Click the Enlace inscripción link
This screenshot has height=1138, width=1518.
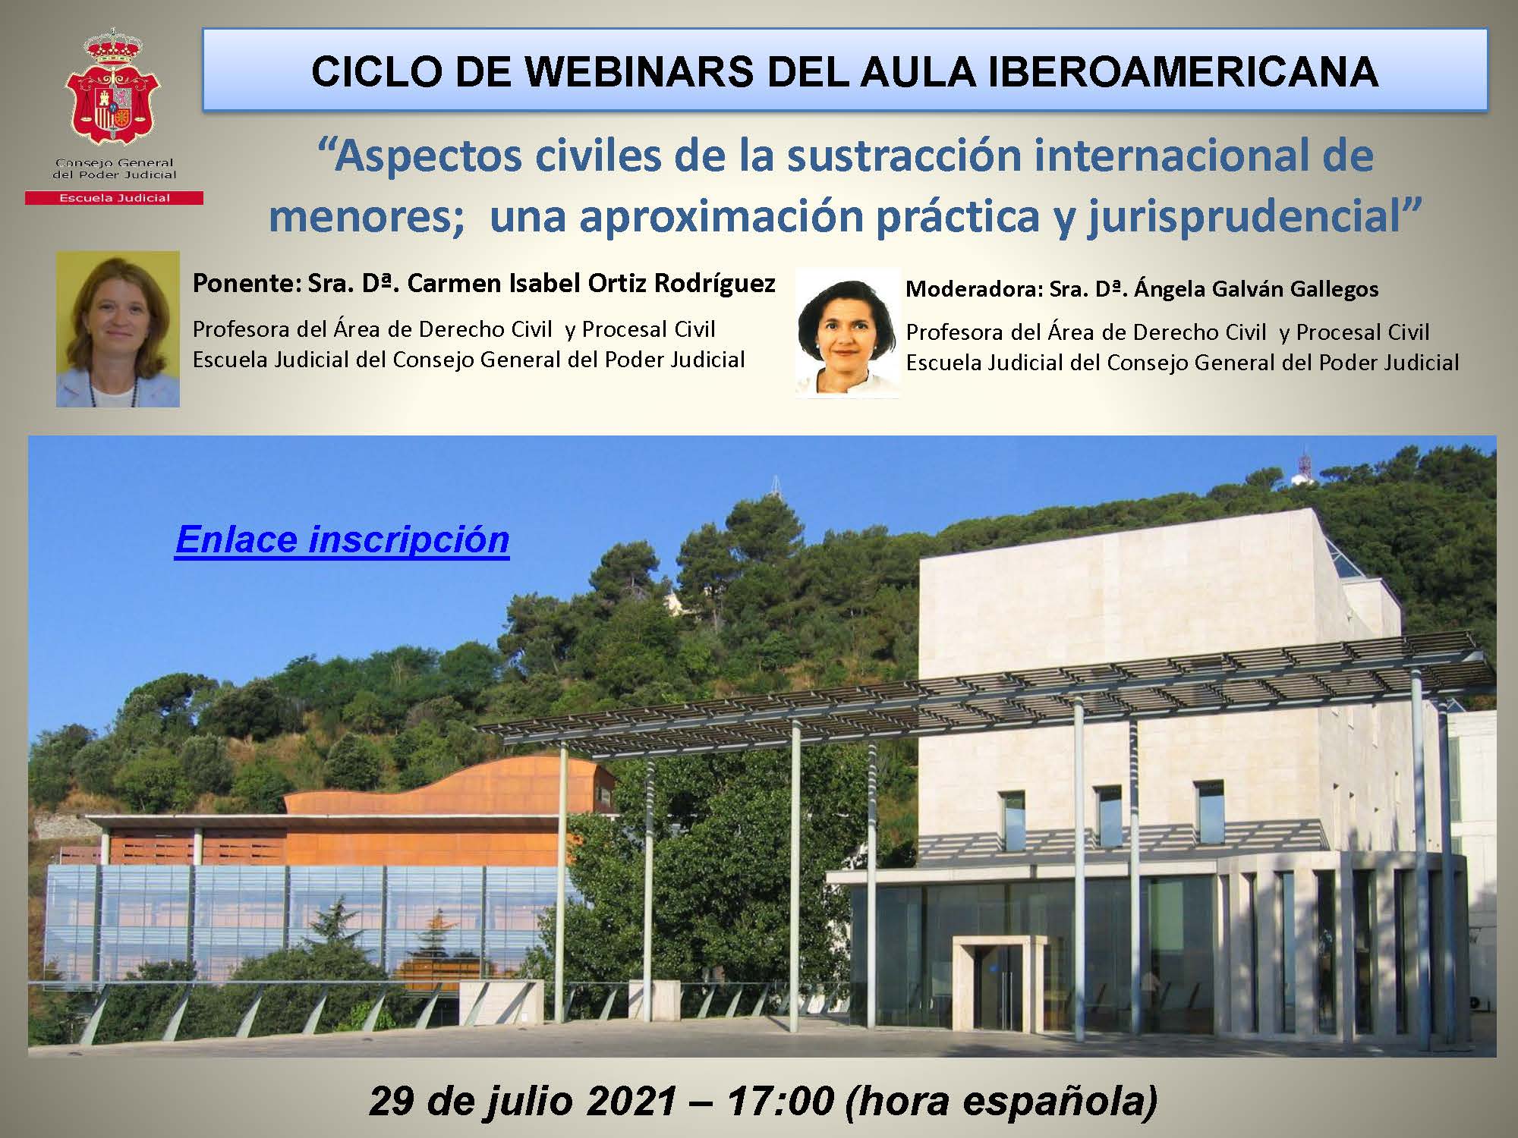pos(342,540)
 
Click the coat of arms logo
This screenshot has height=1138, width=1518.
pos(113,88)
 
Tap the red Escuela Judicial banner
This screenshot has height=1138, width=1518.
pos(114,198)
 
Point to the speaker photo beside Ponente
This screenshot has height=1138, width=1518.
pos(118,329)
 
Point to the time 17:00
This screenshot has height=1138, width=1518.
pos(779,1101)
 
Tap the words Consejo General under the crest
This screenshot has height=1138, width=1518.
pos(114,163)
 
